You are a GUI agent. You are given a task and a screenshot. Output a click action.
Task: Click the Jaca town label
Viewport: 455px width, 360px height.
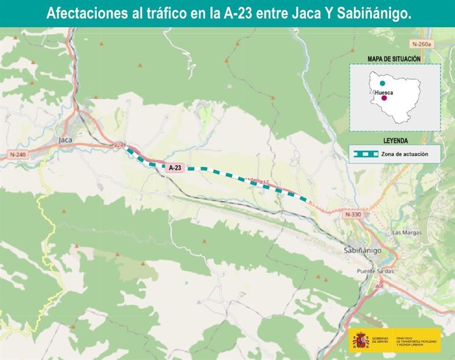pos(65,140)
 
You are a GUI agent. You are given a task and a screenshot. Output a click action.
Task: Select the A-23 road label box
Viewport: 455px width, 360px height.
pos(175,168)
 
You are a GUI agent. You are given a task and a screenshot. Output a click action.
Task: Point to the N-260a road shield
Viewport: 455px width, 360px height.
pos(421,44)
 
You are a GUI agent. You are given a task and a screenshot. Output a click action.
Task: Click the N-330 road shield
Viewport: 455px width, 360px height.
pos(353,214)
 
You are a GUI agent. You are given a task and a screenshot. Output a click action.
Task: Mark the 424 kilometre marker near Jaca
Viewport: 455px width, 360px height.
pos(119,145)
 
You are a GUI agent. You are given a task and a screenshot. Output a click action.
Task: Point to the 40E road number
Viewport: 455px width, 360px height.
pos(379,286)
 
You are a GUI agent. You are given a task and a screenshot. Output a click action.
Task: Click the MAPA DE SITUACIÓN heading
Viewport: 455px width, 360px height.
pos(394,59)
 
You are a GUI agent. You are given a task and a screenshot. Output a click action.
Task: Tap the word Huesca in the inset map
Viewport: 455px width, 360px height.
pos(384,93)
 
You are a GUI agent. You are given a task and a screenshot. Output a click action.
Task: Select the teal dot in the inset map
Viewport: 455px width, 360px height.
pos(382,84)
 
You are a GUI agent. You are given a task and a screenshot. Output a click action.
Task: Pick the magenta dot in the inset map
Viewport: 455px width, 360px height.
pos(384,99)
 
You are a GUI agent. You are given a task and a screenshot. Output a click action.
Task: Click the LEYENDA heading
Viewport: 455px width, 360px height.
pos(395,141)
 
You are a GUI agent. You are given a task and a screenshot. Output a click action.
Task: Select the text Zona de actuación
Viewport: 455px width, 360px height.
pos(404,154)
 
